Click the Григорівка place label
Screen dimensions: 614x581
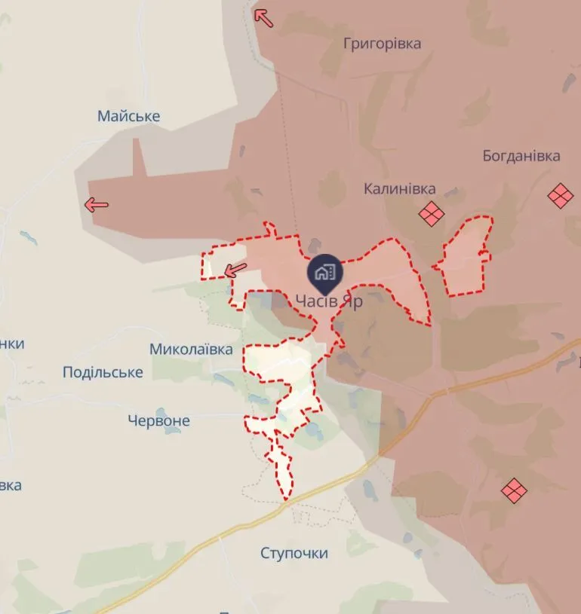click(x=382, y=43)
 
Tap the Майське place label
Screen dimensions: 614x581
click(x=128, y=116)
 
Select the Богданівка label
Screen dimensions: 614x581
click(x=521, y=156)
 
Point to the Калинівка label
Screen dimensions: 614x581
click(x=399, y=188)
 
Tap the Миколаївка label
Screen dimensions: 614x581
click(x=191, y=349)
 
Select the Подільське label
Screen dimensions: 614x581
click(x=103, y=372)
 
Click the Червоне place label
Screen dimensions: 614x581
click(x=158, y=420)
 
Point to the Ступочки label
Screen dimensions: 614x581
click(x=294, y=553)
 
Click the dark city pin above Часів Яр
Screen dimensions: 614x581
click(x=325, y=273)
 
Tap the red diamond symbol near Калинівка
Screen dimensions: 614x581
click(x=432, y=215)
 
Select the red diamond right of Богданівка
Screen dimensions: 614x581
click(x=561, y=196)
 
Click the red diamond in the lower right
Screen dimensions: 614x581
click(x=514, y=490)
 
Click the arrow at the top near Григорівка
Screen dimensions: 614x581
click(x=263, y=17)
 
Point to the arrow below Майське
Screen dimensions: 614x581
click(x=97, y=204)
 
